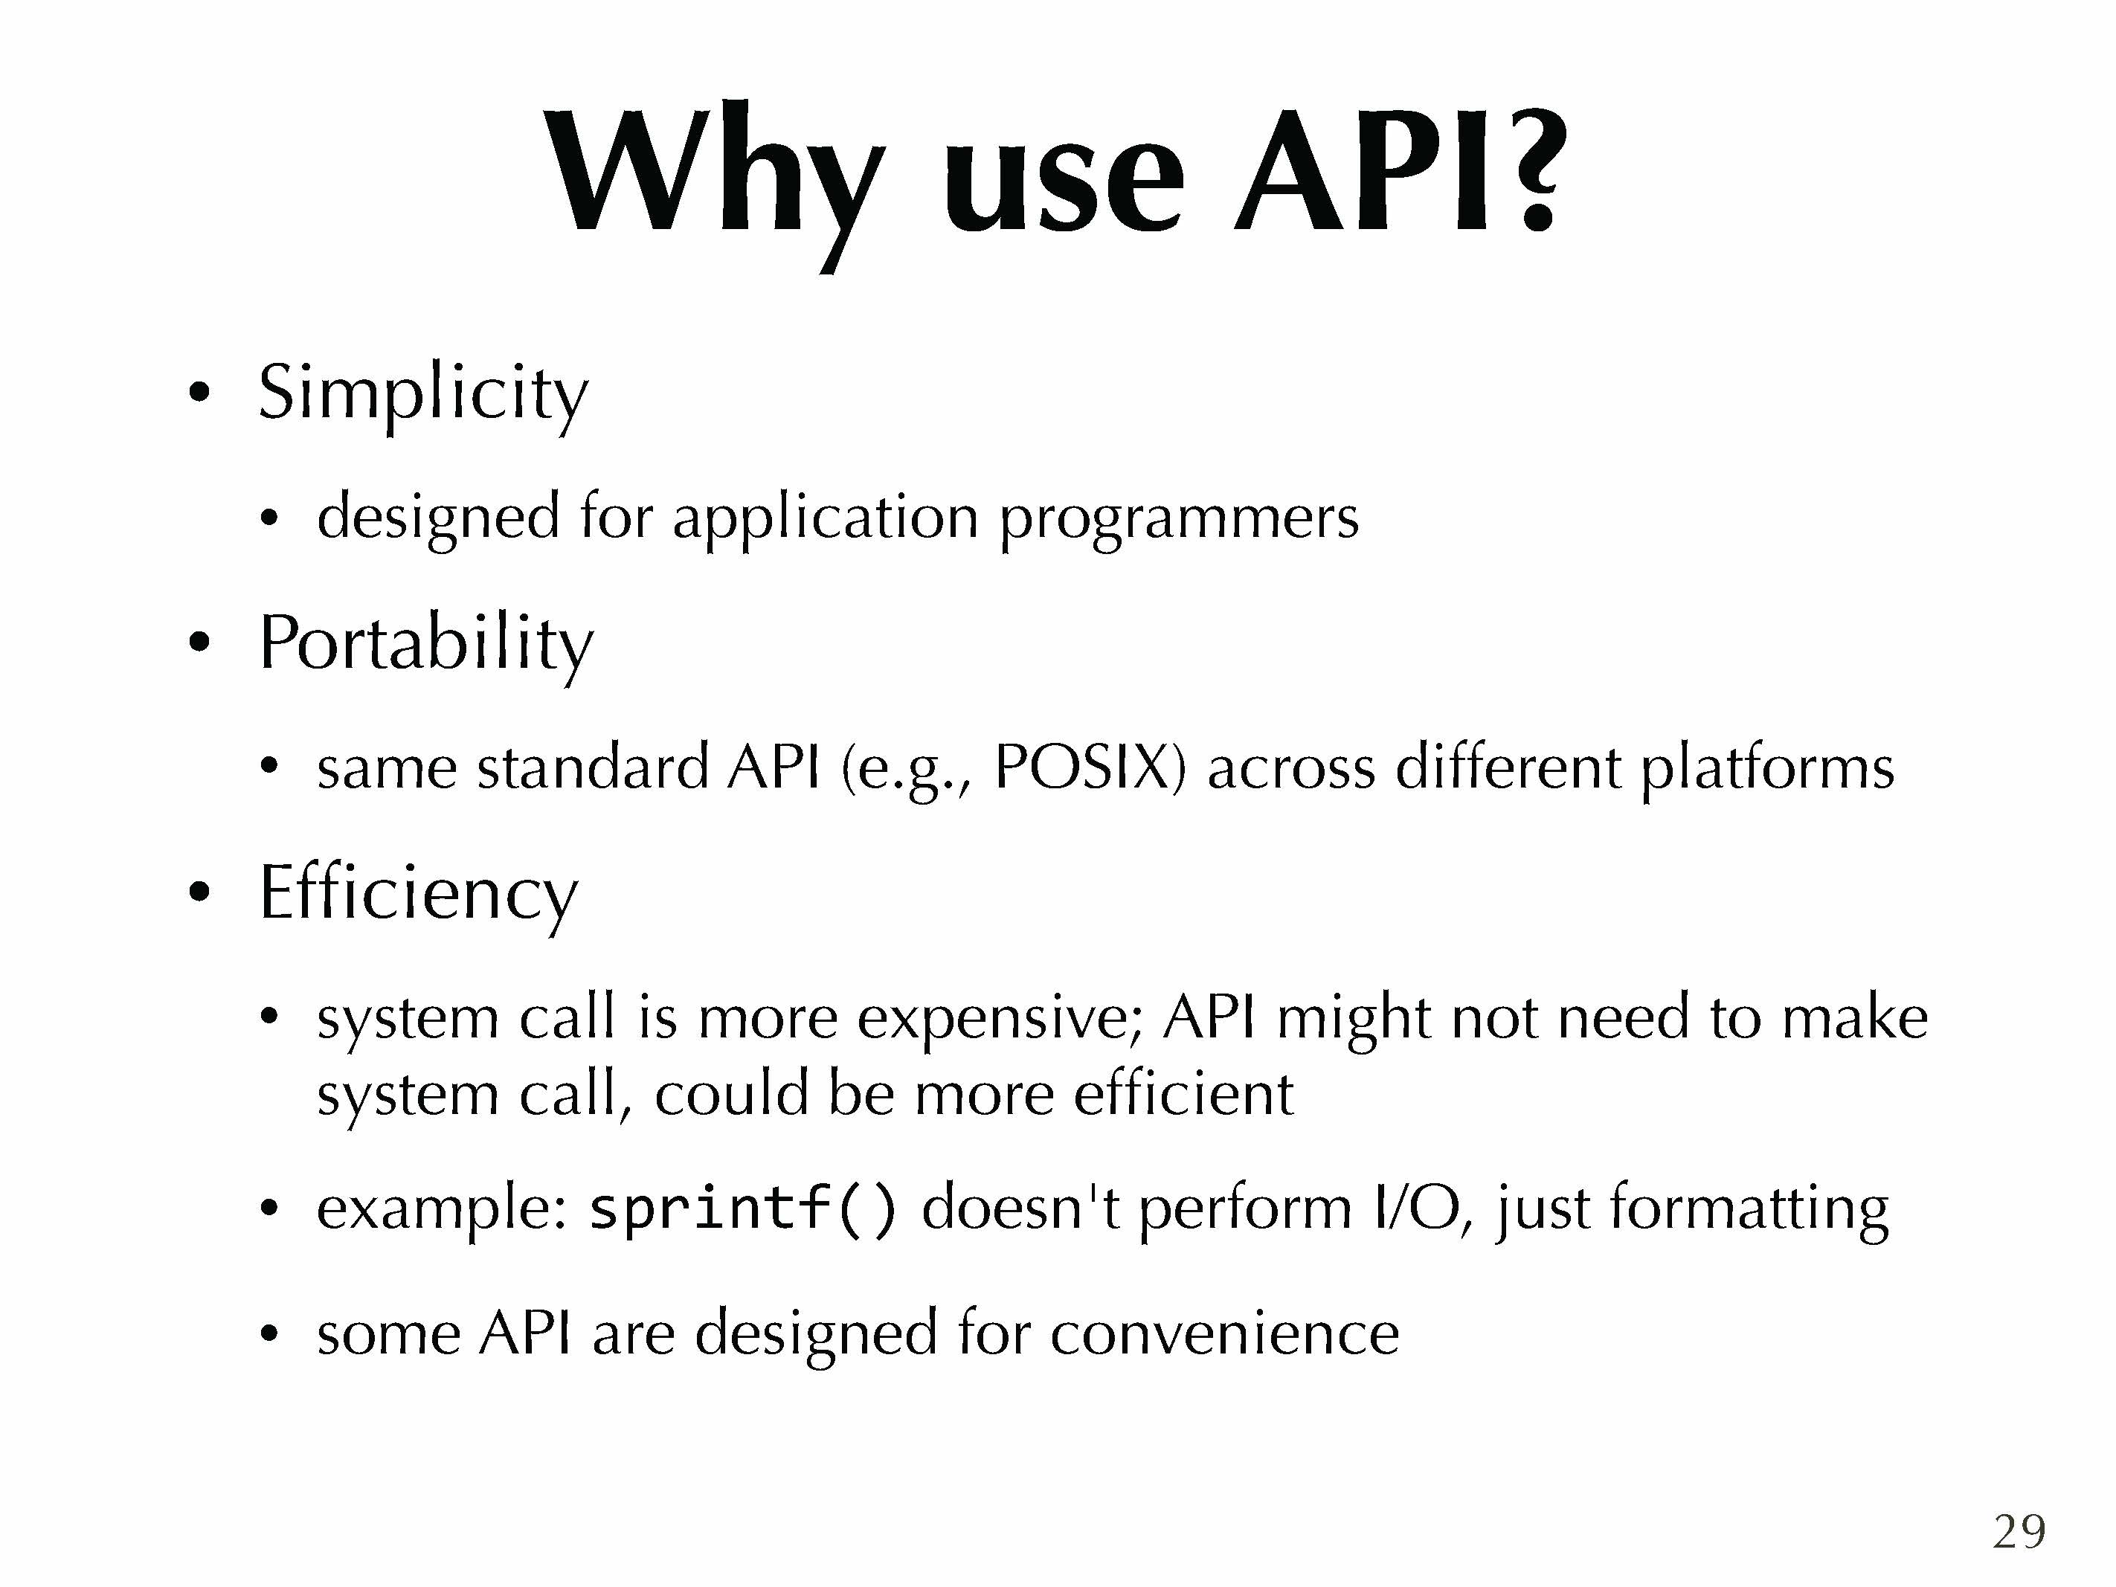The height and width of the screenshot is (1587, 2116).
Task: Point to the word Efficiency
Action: pyautogui.click(x=419, y=895)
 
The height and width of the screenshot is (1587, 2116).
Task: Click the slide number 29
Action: pyautogui.click(x=2019, y=1531)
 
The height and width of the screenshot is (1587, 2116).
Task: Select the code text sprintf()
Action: pyautogui.click(x=743, y=1209)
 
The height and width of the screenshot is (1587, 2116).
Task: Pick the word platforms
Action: pyautogui.click(x=1768, y=770)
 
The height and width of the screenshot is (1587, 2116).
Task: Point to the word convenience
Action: pyautogui.click(x=1224, y=1333)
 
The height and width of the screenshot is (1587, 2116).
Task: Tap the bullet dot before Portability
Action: pyautogui.click(x=199, y=642)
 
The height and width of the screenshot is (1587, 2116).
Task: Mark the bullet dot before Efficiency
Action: pyautogui.click(x=199, y=892)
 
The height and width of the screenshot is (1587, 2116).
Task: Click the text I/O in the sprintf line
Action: pyautogui.click(x=1421, y=1207)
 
